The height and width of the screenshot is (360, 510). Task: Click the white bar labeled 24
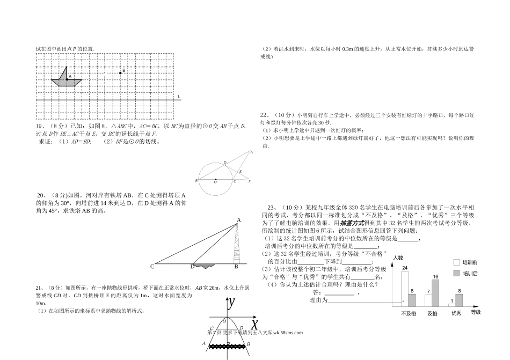click(x=405, y=288)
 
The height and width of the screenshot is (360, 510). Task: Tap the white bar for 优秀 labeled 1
click(x=453, y=304)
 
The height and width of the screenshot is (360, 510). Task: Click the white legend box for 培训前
click(x=457, y=263)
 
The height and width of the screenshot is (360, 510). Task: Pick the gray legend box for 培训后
click(x=457, y=274)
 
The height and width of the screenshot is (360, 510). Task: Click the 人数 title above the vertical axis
click(x=397, y=258)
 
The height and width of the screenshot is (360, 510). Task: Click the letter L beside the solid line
click(x=179, y=97)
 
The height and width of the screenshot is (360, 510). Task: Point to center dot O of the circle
click(x=215, y=180)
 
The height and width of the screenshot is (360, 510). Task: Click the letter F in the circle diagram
click(x=250, y=181)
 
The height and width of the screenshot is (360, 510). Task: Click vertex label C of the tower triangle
click(x=152, y=266)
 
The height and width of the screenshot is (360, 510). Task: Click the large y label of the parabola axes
click(x=231, y=303)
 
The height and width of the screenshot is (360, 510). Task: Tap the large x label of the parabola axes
click(x=254, y=323)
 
